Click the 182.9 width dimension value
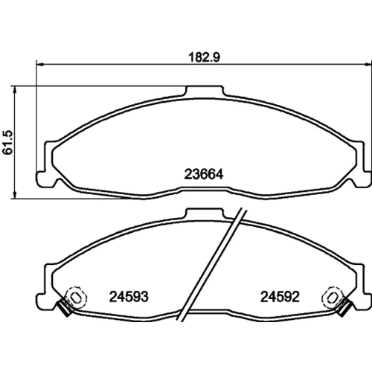pos(204,57)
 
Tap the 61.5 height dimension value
pos(7,142)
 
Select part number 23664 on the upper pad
pos(204,174)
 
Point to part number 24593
pos(129,297)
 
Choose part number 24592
pos(280,297)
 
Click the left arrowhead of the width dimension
pos(40,65)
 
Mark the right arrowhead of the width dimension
pos(368,65)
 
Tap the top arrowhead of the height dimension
pos(15,90)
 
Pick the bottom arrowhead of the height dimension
pos(15,195)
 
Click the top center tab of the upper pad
pos(204,91)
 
